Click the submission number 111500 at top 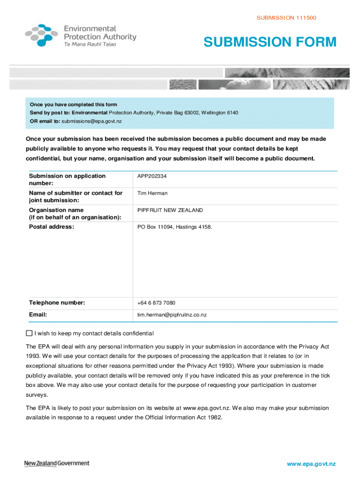(286, 18)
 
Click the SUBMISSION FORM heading (270, 42)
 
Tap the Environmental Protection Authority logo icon (42, 35)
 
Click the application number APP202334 (152, 176)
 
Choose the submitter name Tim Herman (152, 193)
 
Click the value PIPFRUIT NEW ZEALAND (170, 210)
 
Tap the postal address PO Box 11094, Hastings (174, 227)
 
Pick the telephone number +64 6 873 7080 (156, 303)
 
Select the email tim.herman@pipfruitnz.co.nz (172, 315)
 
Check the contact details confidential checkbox (29, 334)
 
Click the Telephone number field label (57, 303)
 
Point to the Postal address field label (51, 227)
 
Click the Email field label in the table (38, 315)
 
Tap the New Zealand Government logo (57, 463)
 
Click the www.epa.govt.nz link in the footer (312, 464)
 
